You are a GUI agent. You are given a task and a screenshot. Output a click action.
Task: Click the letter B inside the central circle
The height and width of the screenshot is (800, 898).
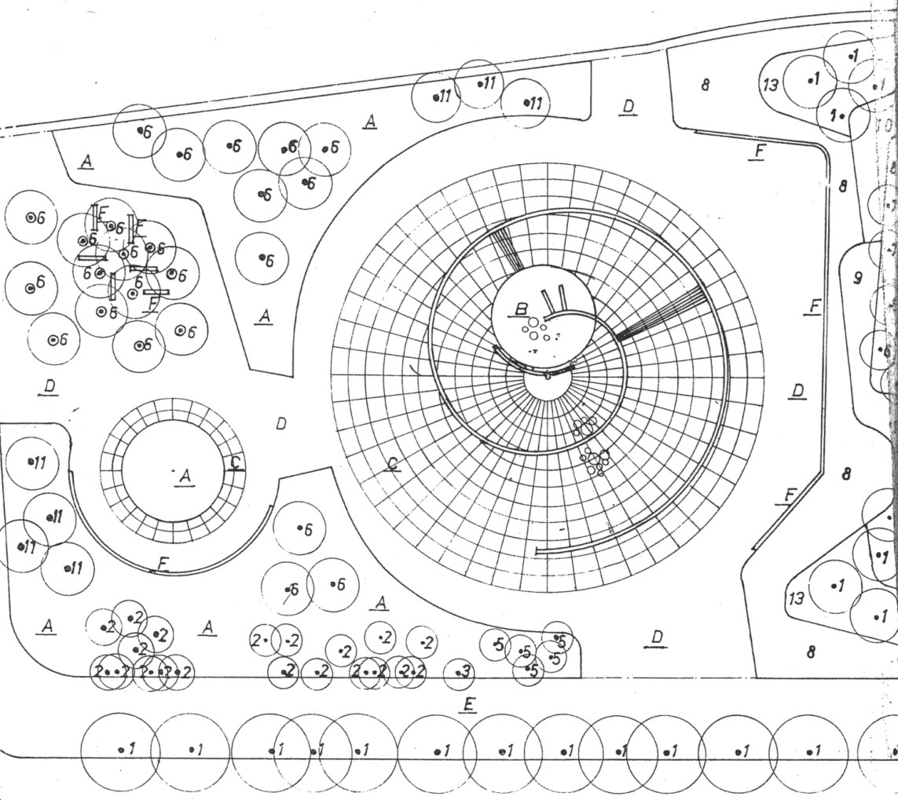point(520,309)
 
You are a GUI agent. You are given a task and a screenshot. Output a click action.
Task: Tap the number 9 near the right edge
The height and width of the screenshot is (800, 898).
point(857,276)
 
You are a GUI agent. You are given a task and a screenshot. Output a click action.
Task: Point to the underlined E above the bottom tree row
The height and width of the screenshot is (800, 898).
point(468,704)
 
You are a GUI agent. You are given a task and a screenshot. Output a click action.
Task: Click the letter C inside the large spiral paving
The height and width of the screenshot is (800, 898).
point(393,464)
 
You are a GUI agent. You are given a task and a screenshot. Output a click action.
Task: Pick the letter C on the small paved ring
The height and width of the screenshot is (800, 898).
point(234,462)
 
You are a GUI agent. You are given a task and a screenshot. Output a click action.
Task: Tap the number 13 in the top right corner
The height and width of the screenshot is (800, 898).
point(771,83)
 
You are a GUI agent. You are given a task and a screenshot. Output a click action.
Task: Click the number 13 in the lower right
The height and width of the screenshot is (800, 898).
point(797,599)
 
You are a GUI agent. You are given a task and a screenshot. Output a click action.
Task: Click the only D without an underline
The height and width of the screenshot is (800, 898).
point(280,424)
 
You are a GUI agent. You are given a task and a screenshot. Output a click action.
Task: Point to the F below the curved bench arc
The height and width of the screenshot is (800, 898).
point(163,563)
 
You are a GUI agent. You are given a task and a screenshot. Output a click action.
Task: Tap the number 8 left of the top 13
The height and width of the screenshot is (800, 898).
point(705,84)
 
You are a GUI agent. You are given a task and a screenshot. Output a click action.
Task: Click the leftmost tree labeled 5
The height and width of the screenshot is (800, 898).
point(497,645)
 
